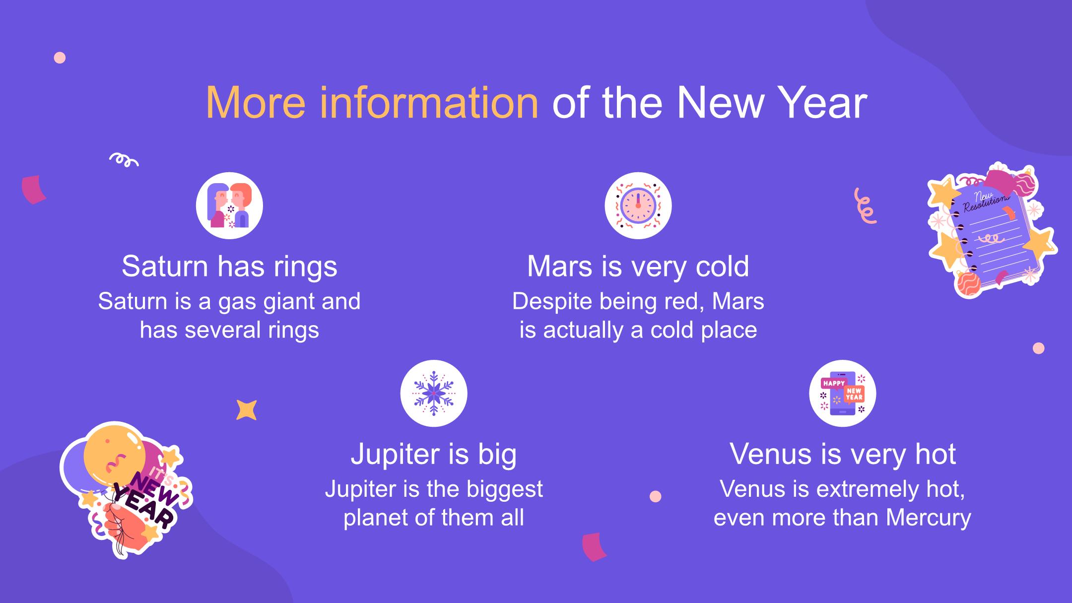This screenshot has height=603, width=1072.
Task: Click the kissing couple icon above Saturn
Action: (229, 205)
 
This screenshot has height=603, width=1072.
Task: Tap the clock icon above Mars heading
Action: (638, 205)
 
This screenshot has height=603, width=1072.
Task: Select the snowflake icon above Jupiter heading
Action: (434, 393)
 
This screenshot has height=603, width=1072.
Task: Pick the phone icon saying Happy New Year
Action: (843, 393)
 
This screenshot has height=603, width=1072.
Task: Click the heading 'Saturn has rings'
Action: (229, 267)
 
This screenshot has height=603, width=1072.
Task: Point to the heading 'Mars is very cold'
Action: (638, 267)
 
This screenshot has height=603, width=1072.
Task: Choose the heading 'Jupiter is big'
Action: (434, 454)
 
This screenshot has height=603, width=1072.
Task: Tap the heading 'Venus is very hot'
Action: (843, 454)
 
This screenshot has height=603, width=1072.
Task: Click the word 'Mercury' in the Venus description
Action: (929, 518)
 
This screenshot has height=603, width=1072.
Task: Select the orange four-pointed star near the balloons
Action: (246, 410)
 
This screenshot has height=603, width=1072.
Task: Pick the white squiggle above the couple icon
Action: (124, 159)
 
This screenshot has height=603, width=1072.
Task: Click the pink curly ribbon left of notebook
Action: (865, 205)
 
